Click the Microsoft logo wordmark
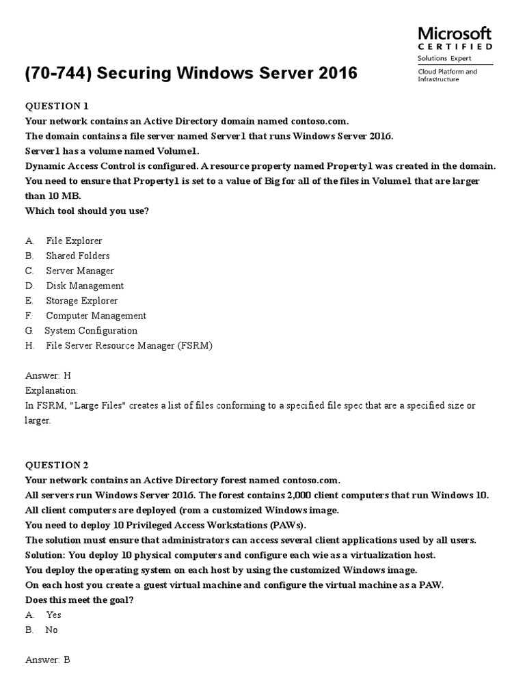point(454,33)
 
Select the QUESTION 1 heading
point(57,105)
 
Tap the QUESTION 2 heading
point(57,465)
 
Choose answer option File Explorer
point(74,241)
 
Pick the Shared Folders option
point(77,256)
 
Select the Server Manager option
point(80,271)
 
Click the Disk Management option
point(85,286)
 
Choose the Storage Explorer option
point(81,301)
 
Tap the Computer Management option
point(96,316)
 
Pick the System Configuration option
point(90,331)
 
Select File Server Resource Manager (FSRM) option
point(129,346)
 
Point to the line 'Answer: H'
point(48,376)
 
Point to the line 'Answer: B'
point(48,660)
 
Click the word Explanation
point(51,390)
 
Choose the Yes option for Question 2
point(53,615)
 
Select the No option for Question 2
point(51,630)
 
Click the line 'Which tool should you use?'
point(87,211)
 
